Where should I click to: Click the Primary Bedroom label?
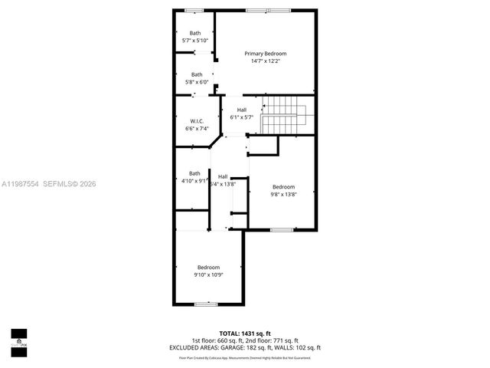click(x=266, y=54)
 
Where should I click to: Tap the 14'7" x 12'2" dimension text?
click(x=266, y=61)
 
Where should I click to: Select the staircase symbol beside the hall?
click(x=287, y=116)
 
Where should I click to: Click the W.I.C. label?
click(x=196, y=121)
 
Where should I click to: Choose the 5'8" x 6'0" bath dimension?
click(x=197, y=82)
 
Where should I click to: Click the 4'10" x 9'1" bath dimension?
click(x=195, y=182)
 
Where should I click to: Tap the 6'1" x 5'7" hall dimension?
click(x=241, y=117)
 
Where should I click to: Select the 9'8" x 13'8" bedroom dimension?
click(x=283, y=195)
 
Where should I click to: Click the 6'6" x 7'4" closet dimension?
click(x=197, y=129)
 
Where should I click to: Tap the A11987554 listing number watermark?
click(x=21, y=184)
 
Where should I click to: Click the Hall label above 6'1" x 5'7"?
click(x=241, y=110)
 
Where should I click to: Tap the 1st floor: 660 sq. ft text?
click(x=217, y=340)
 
